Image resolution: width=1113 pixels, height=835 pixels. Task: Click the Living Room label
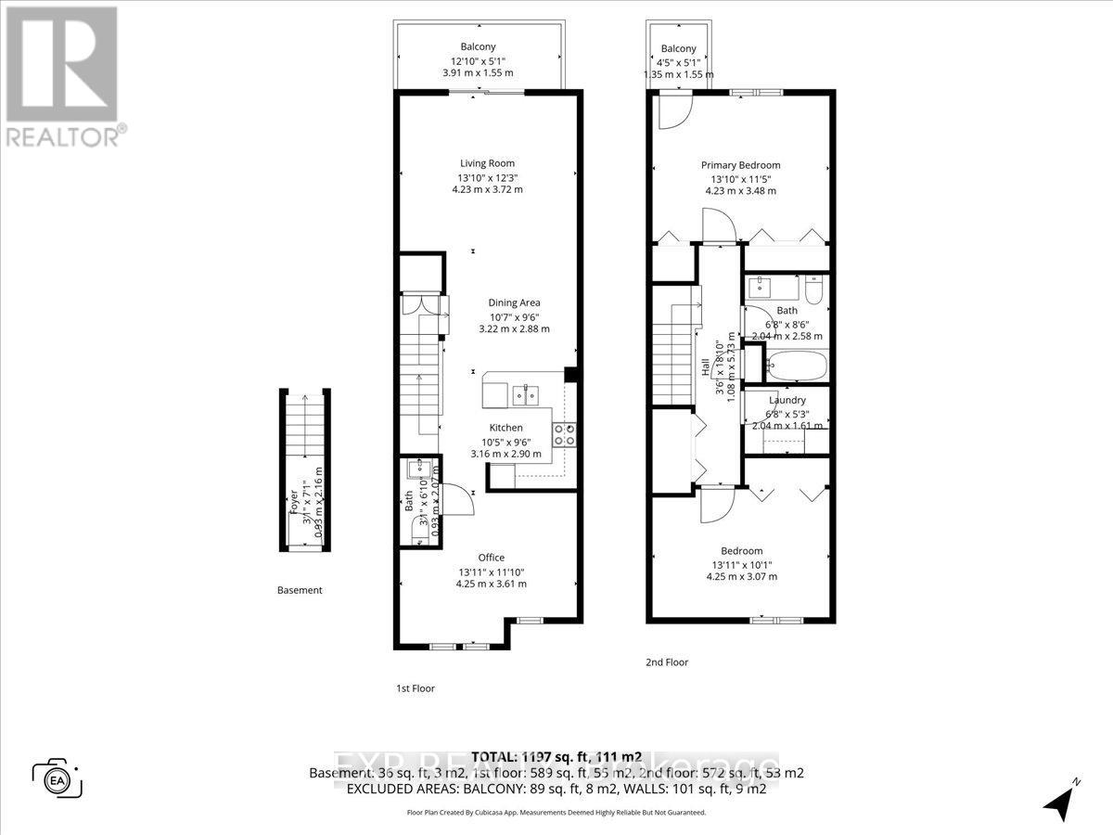tap(488, 163)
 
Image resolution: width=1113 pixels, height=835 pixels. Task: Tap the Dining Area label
tap(514, 302)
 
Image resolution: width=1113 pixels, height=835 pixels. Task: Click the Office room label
tap(491, 557)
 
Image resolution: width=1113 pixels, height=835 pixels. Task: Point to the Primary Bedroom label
tap(739, 165)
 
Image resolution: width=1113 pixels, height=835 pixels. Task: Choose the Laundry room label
tap(787, 400)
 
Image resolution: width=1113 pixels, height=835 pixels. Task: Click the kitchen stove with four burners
tap(564, 434)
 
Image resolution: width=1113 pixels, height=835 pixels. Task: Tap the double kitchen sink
tap(523, 393)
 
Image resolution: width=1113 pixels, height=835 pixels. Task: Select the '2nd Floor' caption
tap(667, 662)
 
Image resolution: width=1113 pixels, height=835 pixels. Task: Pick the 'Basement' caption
tap(300, 590)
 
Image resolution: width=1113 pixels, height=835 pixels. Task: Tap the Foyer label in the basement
tap(295, 502)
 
